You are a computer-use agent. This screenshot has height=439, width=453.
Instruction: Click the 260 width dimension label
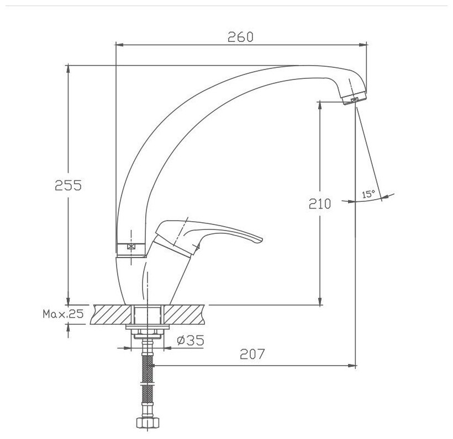pyautogui.click(x=240, y=37)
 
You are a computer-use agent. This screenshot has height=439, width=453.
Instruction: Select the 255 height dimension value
pyautogui.click(x=68, y=185)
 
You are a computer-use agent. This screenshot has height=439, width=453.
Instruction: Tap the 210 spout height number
pyautogui.click(x=319, y=204)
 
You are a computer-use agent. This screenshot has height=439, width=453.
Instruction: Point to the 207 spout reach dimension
pyautogui.click(x=252, y=354)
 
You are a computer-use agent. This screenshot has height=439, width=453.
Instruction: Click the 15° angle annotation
pyautogui.click(x=368, y=194)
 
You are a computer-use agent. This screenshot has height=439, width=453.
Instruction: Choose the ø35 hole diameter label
pyautogui.click(x=191, y=340)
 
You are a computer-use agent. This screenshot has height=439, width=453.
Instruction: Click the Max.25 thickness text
pyautogui.click(x=63, y=314)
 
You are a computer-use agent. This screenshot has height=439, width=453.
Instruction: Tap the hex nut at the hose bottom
pyautogui.click(x=148, y=423)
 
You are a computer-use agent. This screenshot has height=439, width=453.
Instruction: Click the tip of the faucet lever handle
pyautogui.click(x=261, y=239)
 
